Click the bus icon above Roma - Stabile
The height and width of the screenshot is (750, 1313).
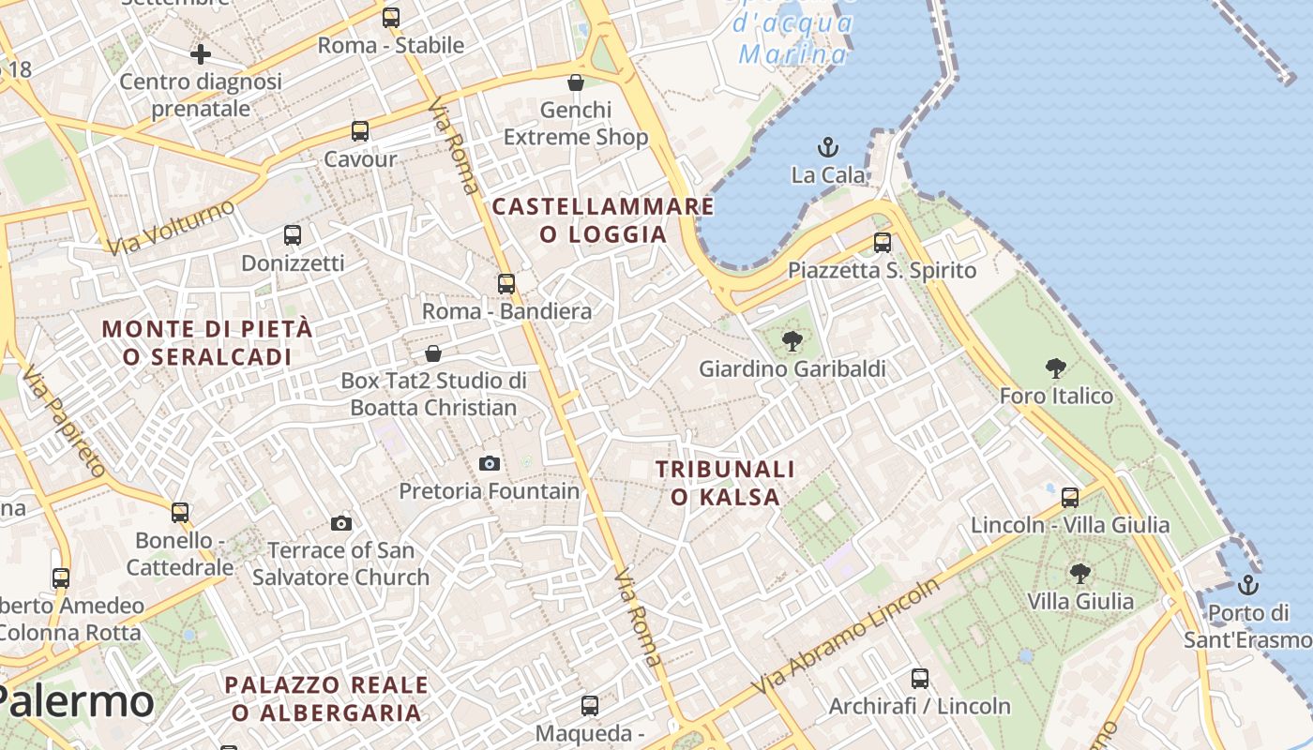[391, 18]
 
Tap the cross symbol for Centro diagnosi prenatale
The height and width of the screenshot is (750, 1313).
[200, 54]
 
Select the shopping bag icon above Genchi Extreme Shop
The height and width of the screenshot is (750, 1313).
[576, 82]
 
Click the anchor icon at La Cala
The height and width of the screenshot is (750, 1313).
[827, 147]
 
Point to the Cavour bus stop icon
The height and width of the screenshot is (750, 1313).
[360, 131]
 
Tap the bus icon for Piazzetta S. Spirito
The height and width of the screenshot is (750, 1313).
[882, 243]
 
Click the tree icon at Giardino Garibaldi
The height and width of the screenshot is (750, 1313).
[792, 341]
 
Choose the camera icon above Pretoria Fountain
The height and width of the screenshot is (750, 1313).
[489, 463]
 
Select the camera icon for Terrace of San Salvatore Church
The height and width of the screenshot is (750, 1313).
[341, 523]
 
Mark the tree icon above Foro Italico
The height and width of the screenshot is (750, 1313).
[1056, 368]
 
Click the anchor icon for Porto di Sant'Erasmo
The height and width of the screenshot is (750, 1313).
[1247, 586]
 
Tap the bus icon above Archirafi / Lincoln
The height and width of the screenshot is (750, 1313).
[920, 678]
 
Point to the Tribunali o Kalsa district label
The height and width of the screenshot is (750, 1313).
[725, 483]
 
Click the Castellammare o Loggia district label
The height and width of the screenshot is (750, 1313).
[603, 220]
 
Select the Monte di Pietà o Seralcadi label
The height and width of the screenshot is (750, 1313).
[207, 343]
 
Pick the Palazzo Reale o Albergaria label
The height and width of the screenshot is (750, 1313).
[326, 698]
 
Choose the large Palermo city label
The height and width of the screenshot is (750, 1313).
[75, 701]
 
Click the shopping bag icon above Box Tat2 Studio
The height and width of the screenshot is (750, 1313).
[433, 353]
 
